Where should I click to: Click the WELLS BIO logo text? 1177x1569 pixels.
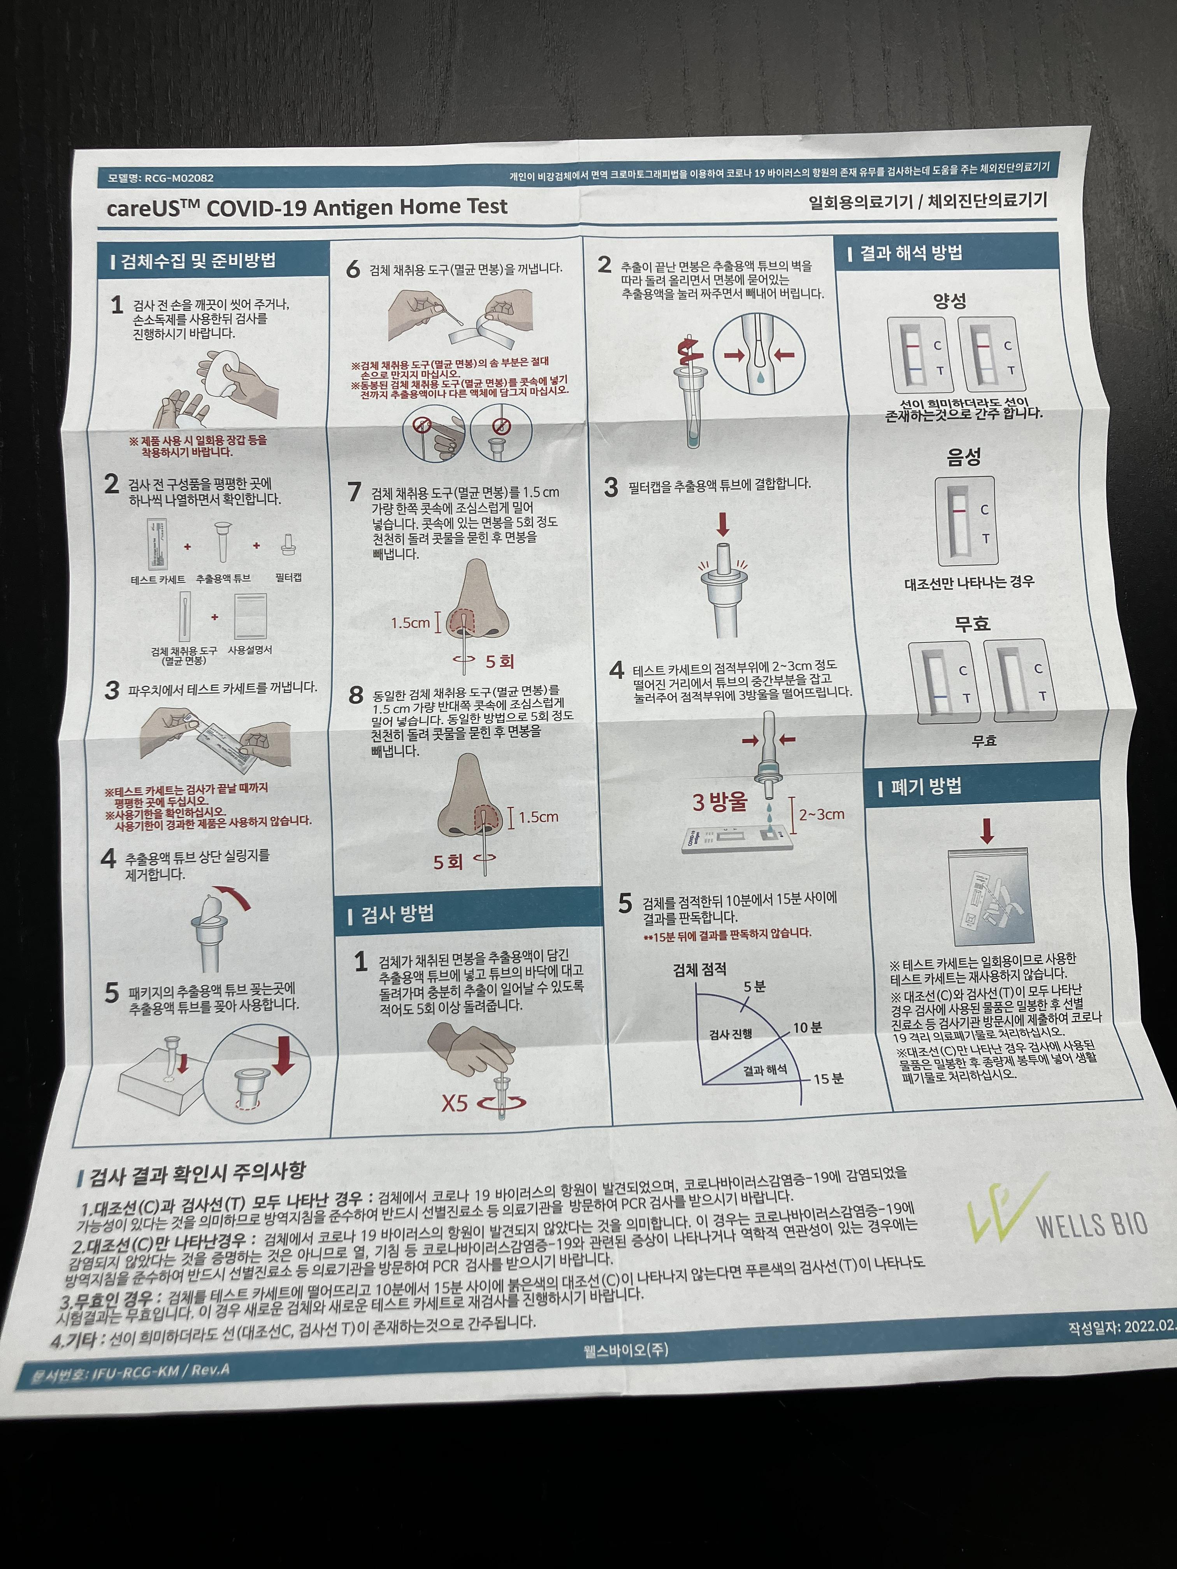pyautogui.click(x=1091, y=1225)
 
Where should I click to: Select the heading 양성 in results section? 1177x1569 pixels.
pyautogui.click(x=949, y=301)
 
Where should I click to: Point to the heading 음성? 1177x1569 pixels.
pyautogui.click(x=963, y=456)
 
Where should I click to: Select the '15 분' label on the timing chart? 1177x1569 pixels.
pyautogui.click(x=828, y=1079)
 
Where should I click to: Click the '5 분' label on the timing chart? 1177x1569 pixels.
pyautogui.click(x=754, y=986)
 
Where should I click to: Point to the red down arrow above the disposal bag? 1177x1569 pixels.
pyautogui.click(x=986, y=830)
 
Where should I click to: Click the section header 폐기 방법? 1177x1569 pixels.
pyautogui.click(x=926, y=786)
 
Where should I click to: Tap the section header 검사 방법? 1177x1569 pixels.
pyautogui.click(x=397, y=914)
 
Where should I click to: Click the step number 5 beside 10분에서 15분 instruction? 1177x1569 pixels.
pyautogui.click(x=624, y=903)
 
